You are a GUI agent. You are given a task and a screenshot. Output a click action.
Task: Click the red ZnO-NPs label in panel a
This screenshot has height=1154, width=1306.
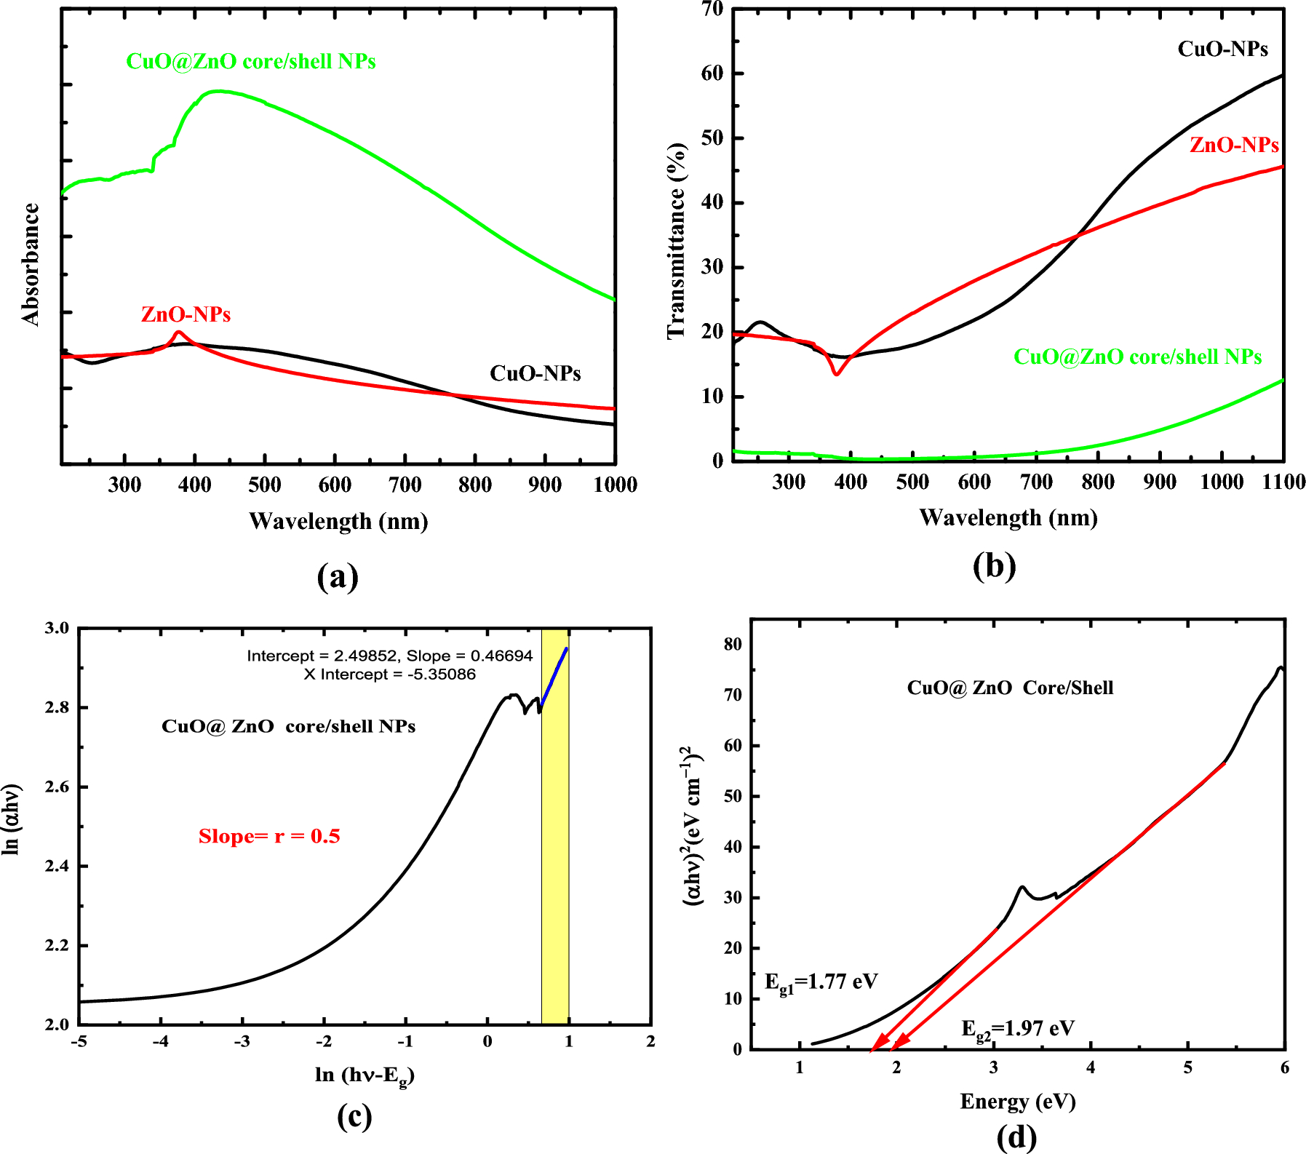(186, 314)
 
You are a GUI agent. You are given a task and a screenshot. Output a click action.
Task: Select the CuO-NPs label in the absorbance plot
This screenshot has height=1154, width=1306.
(535, 373)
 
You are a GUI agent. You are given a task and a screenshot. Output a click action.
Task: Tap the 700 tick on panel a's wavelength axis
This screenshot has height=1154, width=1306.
(405, 485)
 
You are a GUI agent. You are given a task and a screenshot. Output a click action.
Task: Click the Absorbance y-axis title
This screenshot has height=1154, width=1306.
(31, 264)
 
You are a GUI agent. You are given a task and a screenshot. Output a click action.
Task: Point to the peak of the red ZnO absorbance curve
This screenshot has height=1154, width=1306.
(178, 333)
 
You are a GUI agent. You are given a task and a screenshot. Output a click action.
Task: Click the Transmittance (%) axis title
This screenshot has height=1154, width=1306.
(676, 240)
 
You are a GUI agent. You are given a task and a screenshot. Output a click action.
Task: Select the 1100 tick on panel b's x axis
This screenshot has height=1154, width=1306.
(1283, 482)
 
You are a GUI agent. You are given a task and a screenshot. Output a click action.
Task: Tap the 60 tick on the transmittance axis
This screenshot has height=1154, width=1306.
(713, 73)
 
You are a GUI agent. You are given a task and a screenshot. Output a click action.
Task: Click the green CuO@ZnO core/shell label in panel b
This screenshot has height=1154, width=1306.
(1137, 357)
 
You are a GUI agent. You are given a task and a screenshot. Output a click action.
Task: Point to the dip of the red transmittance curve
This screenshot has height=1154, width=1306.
(837, 373)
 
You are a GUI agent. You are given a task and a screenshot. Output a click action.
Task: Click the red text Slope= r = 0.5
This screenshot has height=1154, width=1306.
(269, 836)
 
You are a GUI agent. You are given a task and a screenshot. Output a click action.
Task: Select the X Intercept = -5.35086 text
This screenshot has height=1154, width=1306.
(390, 674)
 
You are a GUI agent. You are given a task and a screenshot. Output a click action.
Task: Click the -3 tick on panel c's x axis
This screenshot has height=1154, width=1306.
(242, 1042)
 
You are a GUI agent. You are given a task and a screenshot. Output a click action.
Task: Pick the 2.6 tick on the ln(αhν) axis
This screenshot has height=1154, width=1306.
(58, 787)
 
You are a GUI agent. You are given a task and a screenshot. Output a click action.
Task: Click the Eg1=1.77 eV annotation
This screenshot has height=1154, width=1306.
(821, 982)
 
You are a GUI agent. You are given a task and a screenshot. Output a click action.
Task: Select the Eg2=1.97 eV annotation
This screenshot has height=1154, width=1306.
(1017, 1029)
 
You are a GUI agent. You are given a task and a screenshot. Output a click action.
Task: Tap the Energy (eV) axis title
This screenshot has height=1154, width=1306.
(1017, 1101)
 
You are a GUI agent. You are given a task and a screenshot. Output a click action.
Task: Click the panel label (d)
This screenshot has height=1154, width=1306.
(1016, 1137)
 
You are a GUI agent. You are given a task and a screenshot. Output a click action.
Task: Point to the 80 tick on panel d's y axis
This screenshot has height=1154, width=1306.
(733, 644)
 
